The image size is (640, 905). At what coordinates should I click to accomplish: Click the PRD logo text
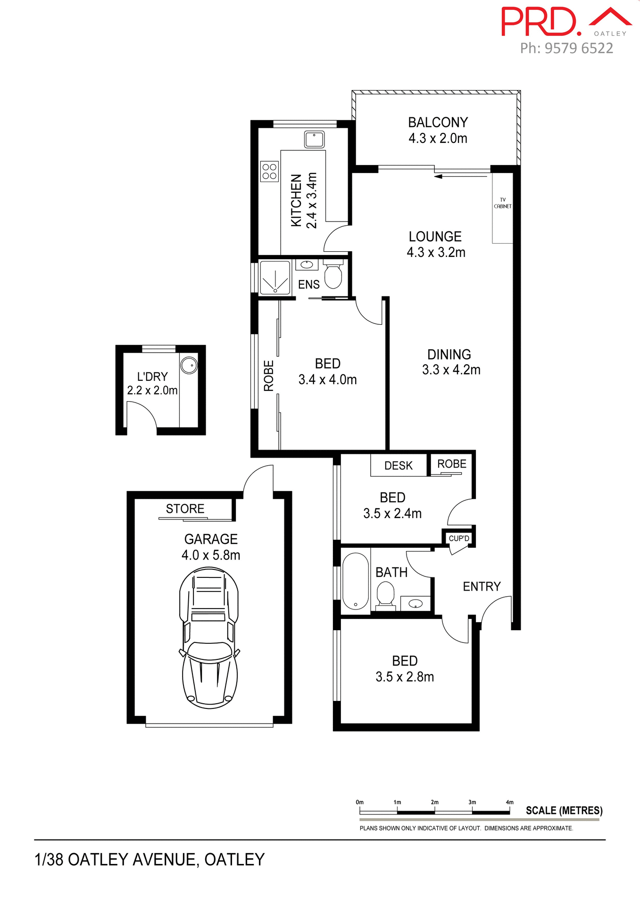pyautogui.click(x=540, y=22)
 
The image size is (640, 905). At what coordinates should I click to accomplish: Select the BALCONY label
pyautogui.click(x=438, y=122)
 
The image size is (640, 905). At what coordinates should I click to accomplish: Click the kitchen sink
pyautogui.click(x=314, y=140)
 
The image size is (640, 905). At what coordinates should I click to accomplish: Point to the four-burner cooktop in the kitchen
pyautogui.click(x=269, y=171)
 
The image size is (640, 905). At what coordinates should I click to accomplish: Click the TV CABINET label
pyautogui.click(x=502, y=203)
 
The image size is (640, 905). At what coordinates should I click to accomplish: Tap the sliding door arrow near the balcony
pyautogui.click(x=438, y=177)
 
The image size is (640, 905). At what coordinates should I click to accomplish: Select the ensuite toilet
pyautogui.click(x=333, y=275)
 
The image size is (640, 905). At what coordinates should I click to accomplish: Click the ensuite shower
pyautogui.click(x=275, y=278)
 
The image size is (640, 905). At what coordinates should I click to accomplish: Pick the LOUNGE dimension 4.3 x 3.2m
pyautogui.click(x=436, y=252)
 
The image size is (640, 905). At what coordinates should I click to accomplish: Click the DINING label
pyautogui.click(x=449, y=354)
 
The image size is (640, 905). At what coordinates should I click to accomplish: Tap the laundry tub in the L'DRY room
pyautogui.click(x=189, y=365)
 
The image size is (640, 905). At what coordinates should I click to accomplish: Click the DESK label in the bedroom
pyautogui.click(x=398, y=466)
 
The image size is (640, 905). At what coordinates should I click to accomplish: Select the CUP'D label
pyautogui.click(x=459, y=538)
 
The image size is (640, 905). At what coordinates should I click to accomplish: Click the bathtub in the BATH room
pyautogui.click(x=355, y=581)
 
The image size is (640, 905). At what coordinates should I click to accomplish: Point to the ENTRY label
pyautogui.click(x=482, y=586)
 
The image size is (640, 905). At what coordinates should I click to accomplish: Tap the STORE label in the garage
pyautogui.click(x=185, y=509)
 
